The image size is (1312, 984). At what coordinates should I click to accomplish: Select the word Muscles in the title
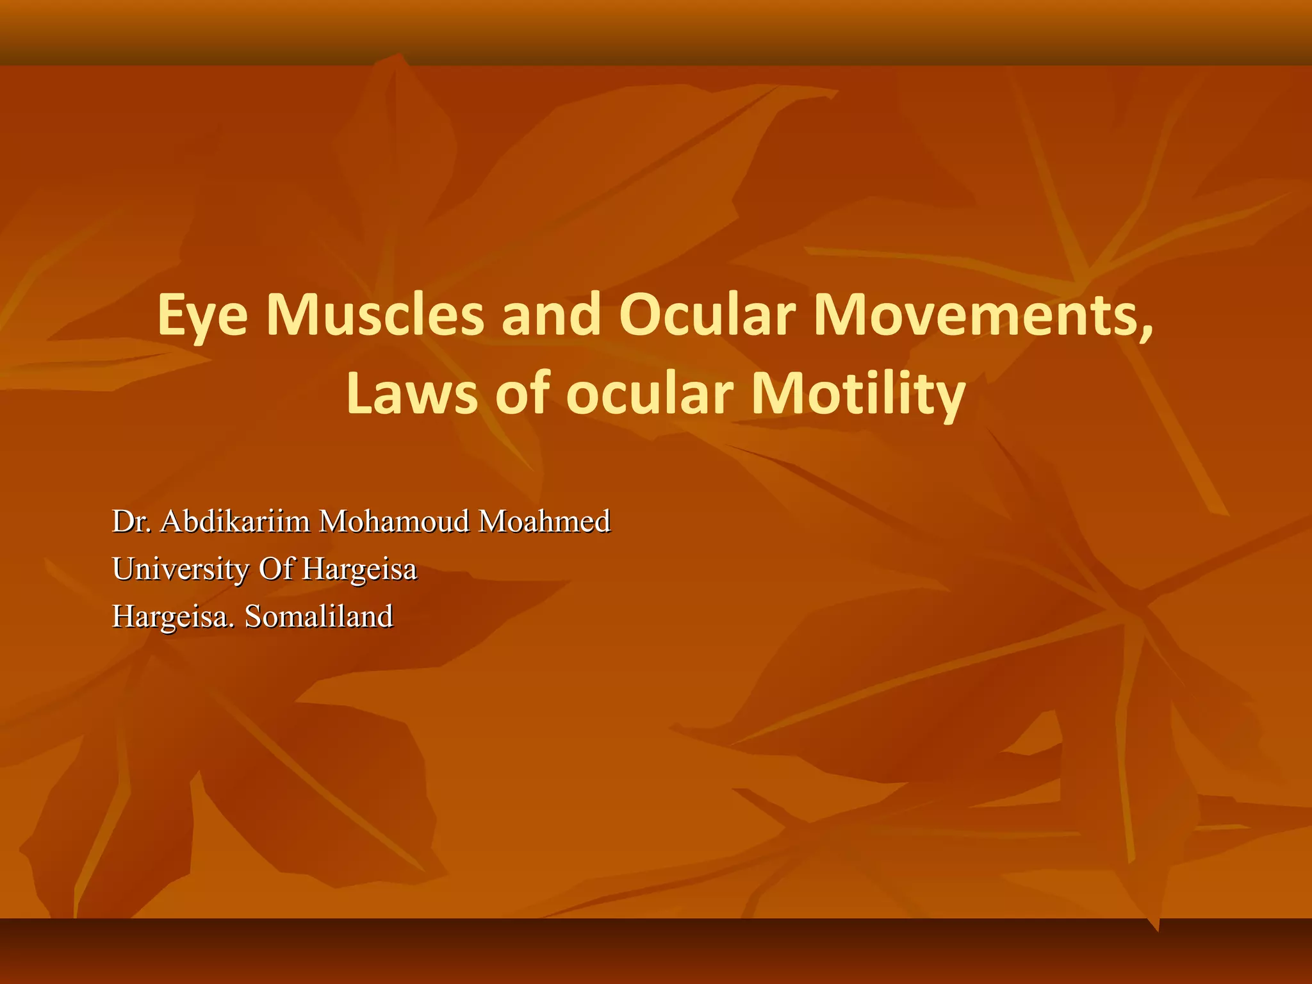[x=375, y=315]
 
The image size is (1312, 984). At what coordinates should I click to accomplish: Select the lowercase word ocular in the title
[x=649, y=395]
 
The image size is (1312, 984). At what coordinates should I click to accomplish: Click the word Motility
[x=858, y=395]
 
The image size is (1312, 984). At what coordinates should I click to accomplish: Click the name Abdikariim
[x=235, y=522]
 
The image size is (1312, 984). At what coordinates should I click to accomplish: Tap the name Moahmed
[x=545, y=522]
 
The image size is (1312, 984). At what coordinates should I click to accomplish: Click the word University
[x=181, y=570]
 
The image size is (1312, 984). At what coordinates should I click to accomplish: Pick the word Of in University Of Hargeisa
[x=275, y=569]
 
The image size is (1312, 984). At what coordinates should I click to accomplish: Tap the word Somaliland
[x=319, y=617]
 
